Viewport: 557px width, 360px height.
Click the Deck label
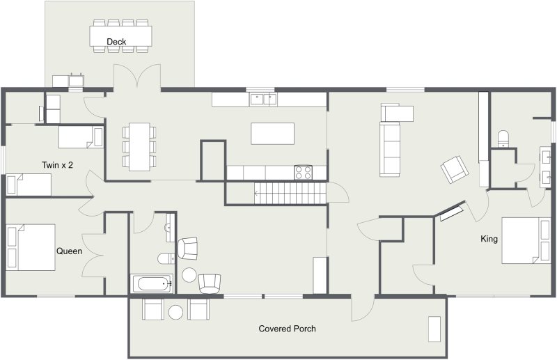pos(116,42)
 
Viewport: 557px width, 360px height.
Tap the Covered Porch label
pos(287,329)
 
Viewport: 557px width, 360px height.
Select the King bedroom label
pos(489,239)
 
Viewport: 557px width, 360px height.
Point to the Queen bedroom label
pos(69,251)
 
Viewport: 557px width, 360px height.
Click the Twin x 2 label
pos(57,165)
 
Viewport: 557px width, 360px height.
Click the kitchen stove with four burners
pos(303,173)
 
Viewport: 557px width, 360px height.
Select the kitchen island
pos(272,134)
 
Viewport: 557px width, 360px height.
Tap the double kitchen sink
pos(263,99)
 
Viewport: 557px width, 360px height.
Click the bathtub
pos(152,283)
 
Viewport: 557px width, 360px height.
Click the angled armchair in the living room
pos(455,169)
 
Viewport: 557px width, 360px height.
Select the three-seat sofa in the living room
pos(390,148)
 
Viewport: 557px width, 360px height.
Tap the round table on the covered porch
pos(175,313)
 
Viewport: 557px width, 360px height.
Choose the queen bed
pos(31,247)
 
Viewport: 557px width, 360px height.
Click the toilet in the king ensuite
pos(503,139)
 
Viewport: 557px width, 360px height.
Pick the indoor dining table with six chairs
pos(139,147)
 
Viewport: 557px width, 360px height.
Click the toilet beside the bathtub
pos(166,259)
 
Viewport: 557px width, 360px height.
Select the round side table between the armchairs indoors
pos(189,275)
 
